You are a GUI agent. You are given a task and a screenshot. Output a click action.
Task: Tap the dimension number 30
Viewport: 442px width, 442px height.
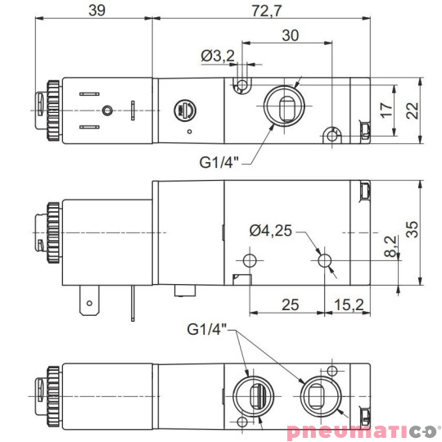289,35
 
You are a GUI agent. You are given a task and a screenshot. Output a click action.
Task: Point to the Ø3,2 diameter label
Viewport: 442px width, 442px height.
218,56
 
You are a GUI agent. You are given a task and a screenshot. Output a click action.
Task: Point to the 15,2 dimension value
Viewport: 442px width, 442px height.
349,304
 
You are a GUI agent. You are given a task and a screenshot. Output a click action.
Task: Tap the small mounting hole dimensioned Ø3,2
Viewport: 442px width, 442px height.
242,85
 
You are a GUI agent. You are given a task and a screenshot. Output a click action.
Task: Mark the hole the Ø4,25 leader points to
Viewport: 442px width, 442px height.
326,260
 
